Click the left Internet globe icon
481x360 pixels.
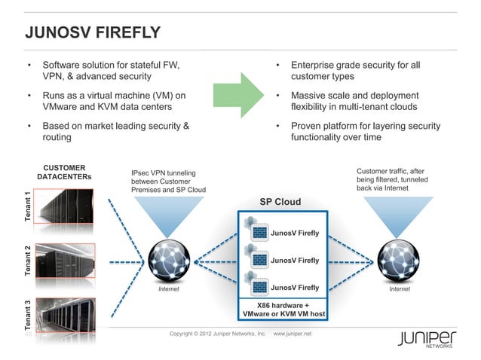coord(168,261)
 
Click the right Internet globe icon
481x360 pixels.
coord(399,261)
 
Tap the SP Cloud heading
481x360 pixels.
coord(280,202)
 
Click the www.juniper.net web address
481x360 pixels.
coord(297,333)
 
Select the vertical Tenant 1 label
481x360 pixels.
coord(28,207)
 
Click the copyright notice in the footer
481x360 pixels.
coord(217,333)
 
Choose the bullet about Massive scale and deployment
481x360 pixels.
coord(354,101)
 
